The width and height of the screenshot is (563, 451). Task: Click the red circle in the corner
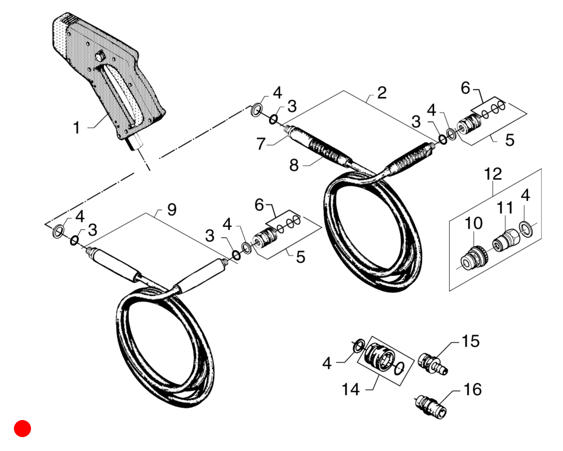coord(23,428)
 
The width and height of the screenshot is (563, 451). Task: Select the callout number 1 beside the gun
coord(76,128)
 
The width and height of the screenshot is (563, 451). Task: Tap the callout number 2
coord(382,93)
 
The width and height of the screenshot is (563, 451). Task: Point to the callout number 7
coord(260,144)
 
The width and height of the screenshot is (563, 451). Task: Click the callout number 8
coord(294,165)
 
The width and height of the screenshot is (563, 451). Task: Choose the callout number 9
coord(172,210)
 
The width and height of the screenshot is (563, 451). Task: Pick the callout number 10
coord(474,223)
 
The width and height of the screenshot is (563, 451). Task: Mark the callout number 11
coord(505,208)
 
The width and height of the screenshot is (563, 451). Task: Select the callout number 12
coord(493,174)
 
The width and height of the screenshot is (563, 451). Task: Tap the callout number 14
coord(351,389)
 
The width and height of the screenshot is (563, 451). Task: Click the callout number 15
coord(471,341)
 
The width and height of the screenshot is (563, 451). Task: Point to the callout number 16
coord(472,389)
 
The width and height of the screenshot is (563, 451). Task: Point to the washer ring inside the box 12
coord(526,229)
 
